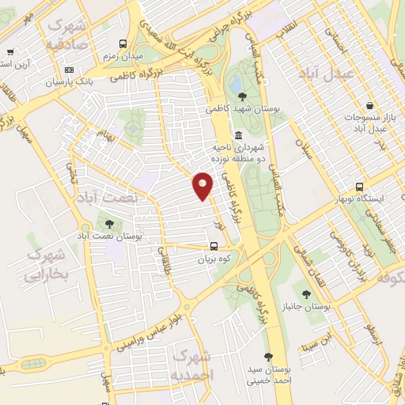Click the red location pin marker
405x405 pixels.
pyautogui.click(x=203, y=186)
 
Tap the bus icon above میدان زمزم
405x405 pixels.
pyautogui.click(x=123, y=44)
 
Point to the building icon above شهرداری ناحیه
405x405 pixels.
pyautogui.click(x=239, y=134)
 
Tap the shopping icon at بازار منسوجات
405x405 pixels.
pyautogui.click(x=370, y=106)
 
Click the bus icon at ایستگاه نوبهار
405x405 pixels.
pyautogui.click(x=360, y=187)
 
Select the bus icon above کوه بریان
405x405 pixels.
pyautogui.click(x=214, y=244)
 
